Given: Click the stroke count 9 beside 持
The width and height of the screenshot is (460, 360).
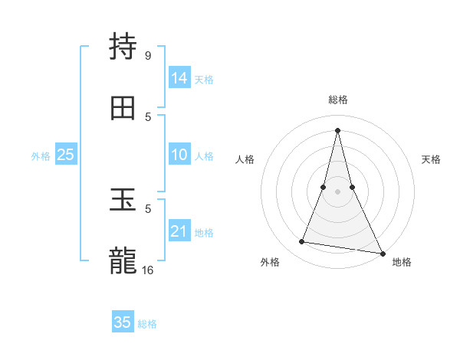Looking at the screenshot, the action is (x=148, y=55).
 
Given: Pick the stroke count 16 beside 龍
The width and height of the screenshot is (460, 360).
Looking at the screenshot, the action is (x=148, y=270).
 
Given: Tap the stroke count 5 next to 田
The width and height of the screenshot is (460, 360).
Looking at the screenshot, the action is (x=148, y=116).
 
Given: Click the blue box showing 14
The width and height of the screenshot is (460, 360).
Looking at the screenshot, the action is (x=179, y=78).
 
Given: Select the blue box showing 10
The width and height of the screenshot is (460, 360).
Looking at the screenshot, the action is (x=179, y=155).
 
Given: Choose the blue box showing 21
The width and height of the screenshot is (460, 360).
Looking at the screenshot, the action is (x=179, y=231).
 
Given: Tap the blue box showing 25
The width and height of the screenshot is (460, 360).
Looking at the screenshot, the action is (x=66, y=155).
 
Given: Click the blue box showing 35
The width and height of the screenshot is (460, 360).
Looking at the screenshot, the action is (x=123, y=322).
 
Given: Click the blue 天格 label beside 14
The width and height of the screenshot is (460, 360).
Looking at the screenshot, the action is (x=204, y=79).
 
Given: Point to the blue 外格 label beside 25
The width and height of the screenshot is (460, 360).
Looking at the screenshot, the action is (x=41, y=155).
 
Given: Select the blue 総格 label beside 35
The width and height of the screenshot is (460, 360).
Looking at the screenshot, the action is (x=147, y=323).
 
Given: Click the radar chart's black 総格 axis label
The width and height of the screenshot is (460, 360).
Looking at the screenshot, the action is (x=337, y=100).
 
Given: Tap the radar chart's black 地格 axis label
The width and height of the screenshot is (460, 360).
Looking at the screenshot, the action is (x=402, y=262).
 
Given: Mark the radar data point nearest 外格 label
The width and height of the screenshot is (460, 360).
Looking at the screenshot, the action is (x=302, y=242).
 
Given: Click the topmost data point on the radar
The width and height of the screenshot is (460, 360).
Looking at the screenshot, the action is (x=337, y=130).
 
